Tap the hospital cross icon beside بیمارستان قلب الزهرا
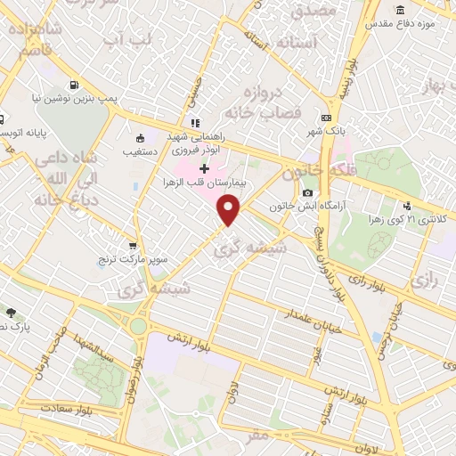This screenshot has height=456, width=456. coord(205,168)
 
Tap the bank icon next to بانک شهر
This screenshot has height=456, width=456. coord(327,118)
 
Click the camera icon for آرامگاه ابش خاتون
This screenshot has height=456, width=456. coord(307,192)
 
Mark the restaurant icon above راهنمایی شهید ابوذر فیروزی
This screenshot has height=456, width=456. coord(194,123)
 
